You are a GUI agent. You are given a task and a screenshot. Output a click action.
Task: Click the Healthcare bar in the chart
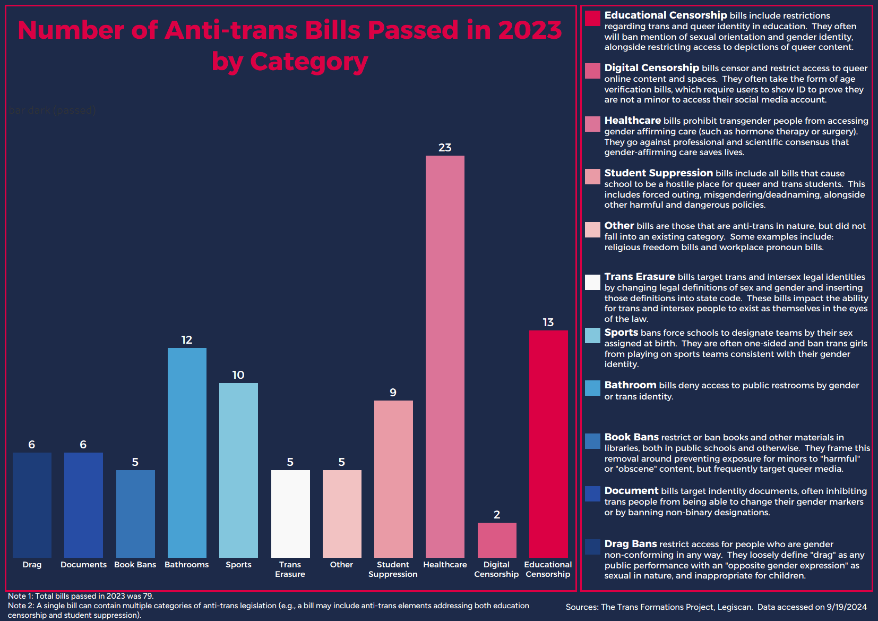click(x=445, y=356)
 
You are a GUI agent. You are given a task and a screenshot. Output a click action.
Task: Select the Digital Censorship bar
click(x=497, y=540)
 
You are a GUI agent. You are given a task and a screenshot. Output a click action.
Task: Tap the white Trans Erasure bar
click(x=290, y=513)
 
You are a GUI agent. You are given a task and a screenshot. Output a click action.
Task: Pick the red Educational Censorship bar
click(x=548, y=444)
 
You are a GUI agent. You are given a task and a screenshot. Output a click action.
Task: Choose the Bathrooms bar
click(x=187, y=452)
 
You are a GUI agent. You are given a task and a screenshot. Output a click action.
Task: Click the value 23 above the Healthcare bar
click(x=445, y=148)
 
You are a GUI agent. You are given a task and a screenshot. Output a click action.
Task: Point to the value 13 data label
click(x=548, y=322)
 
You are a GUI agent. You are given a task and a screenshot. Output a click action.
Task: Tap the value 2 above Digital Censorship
click(x=497, y=515)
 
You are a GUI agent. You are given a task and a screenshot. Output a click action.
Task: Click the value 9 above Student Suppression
click(x=393, y=393)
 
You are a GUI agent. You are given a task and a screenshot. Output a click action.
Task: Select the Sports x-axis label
click(x=238, y=565)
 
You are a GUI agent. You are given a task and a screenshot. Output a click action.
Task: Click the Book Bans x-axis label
click(x=135, y=565)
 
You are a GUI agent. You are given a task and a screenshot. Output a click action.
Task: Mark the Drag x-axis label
click(x=32, y=565)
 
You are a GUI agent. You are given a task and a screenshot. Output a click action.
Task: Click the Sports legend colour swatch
click(x=592, y=335)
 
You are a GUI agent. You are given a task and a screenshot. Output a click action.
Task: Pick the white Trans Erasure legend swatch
click(x=592, y=282)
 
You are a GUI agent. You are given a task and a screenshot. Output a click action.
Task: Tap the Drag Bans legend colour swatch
click(x=592, y=547)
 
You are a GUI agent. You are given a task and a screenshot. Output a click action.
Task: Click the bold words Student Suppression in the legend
click(x=658, y=173)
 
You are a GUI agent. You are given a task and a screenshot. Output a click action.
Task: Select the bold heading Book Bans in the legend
click(x=631, y=437)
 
